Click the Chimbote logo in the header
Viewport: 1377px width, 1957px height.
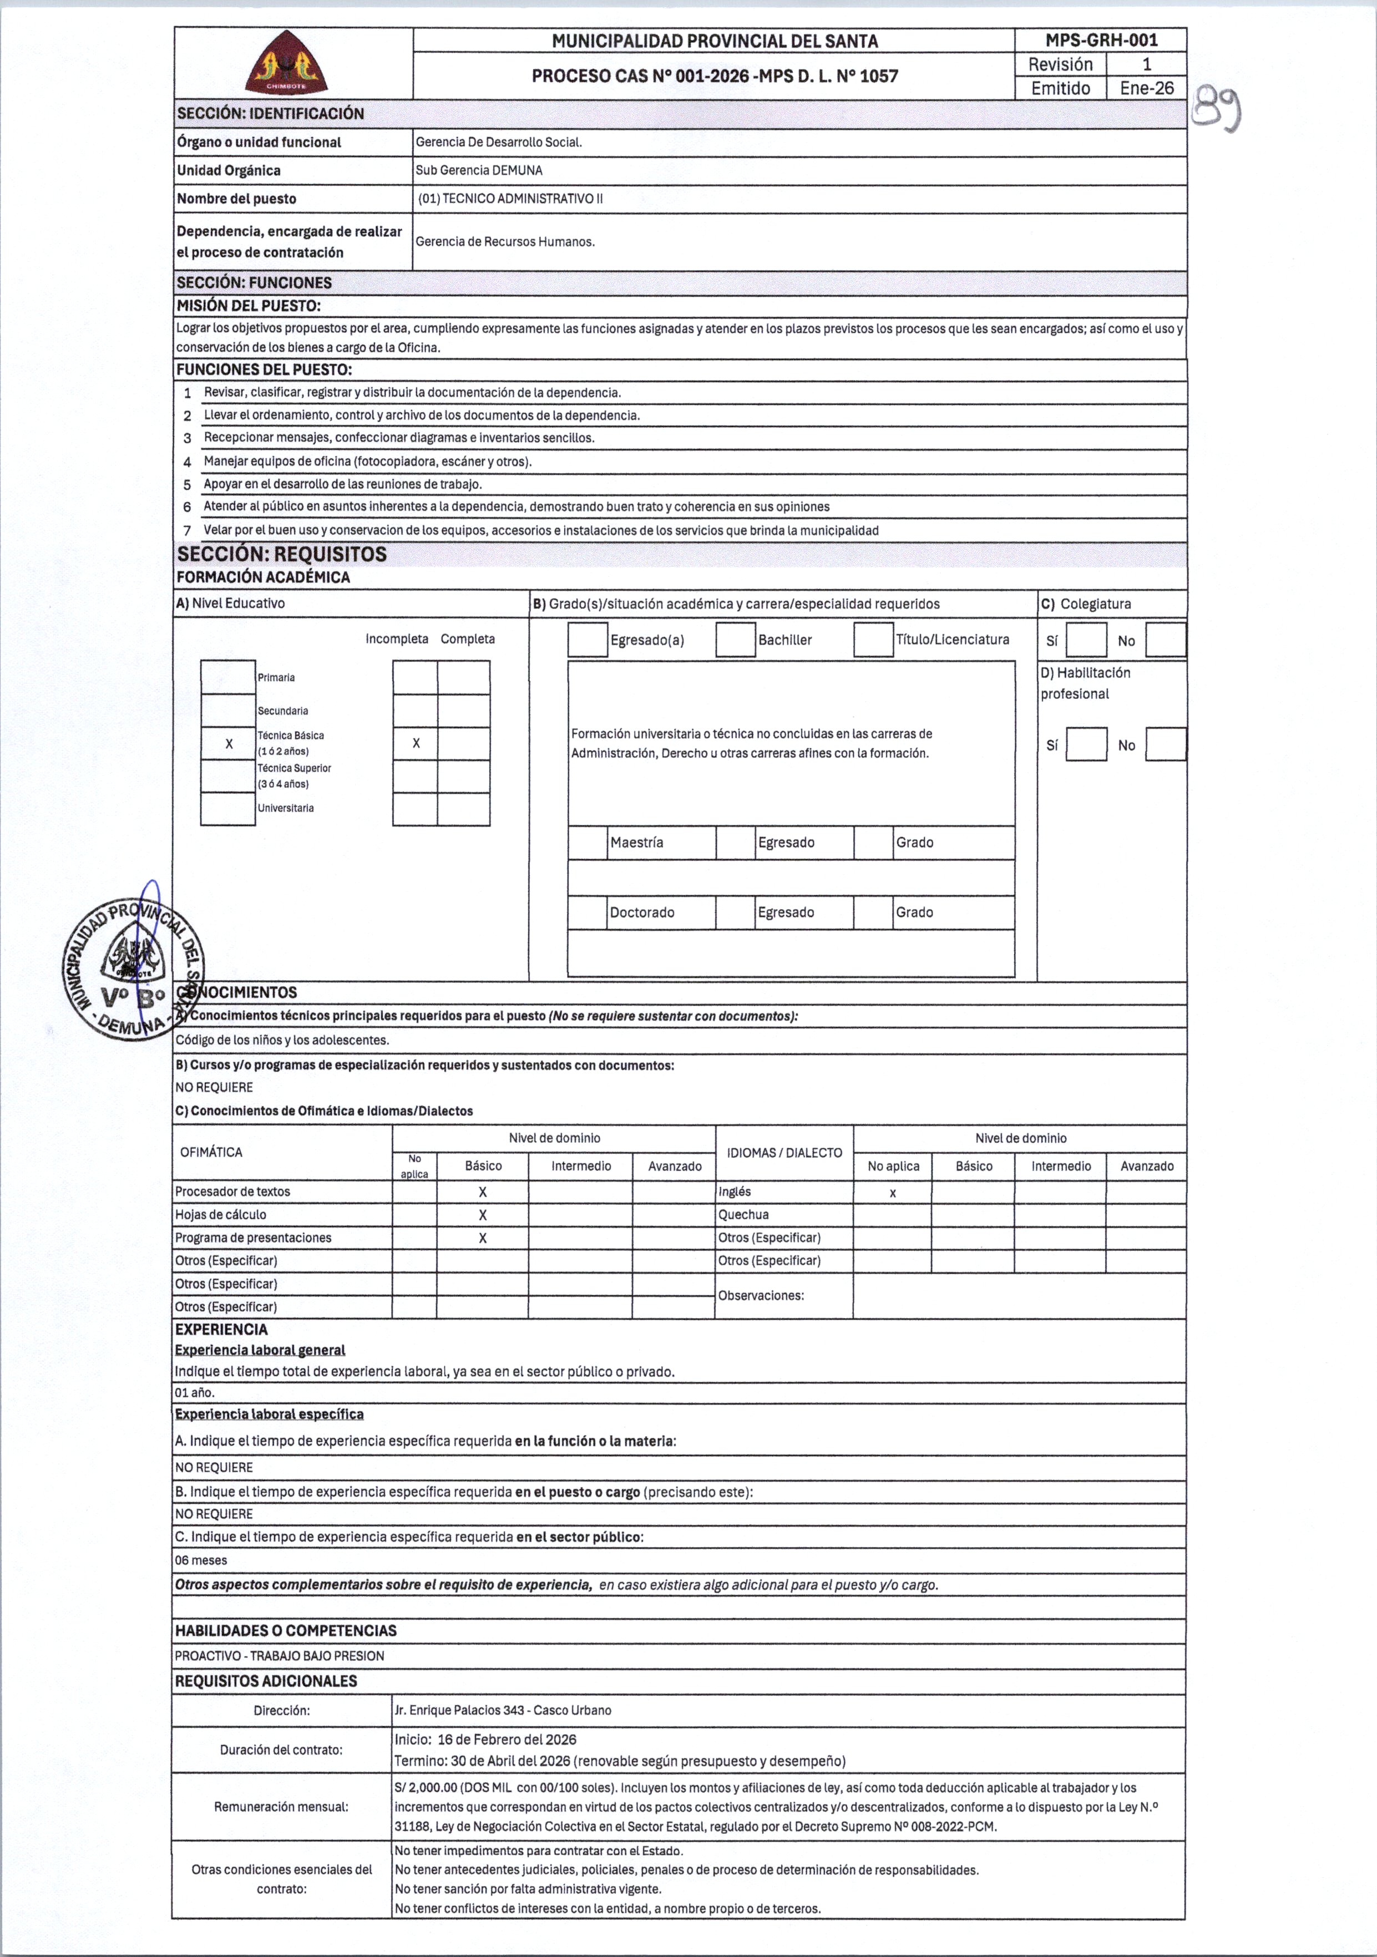(x=286, y=63)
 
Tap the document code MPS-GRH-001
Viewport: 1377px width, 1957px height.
(x=1101, y=40)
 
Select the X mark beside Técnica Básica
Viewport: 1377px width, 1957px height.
(x=229, y=744)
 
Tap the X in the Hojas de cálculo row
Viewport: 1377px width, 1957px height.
(x=483, y=1215)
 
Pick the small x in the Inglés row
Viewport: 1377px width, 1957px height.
(x=893, y=1193)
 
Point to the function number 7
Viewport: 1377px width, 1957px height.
(x=188, y=531)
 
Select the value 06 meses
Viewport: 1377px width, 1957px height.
(x=201, y=1560)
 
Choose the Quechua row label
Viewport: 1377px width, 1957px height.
(x=743, y=1215)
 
